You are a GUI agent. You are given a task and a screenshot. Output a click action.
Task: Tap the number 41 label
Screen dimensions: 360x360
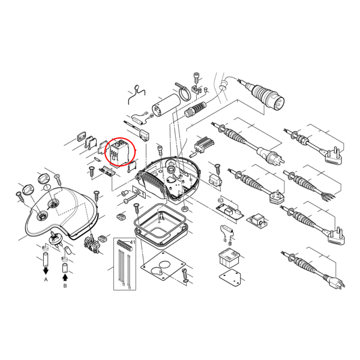point(133,242)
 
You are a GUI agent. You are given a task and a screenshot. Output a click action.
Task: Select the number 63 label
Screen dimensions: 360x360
point(220,200)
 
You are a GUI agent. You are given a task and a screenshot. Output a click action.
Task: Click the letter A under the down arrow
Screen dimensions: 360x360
point(46,280)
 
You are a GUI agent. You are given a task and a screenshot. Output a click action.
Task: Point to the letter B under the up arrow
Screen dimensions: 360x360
point(65,286)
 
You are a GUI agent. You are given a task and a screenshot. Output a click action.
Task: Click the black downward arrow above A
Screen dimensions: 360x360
point(46,271)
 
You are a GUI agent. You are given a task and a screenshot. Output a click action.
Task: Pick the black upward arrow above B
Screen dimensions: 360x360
point(65,277)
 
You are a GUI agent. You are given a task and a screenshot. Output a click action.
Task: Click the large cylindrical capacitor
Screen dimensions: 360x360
point(165,106)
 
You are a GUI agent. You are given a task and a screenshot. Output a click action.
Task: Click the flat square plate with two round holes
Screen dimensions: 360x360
point(163,266)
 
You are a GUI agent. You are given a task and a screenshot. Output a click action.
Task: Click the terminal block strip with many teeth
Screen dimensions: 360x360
point(205,144)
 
